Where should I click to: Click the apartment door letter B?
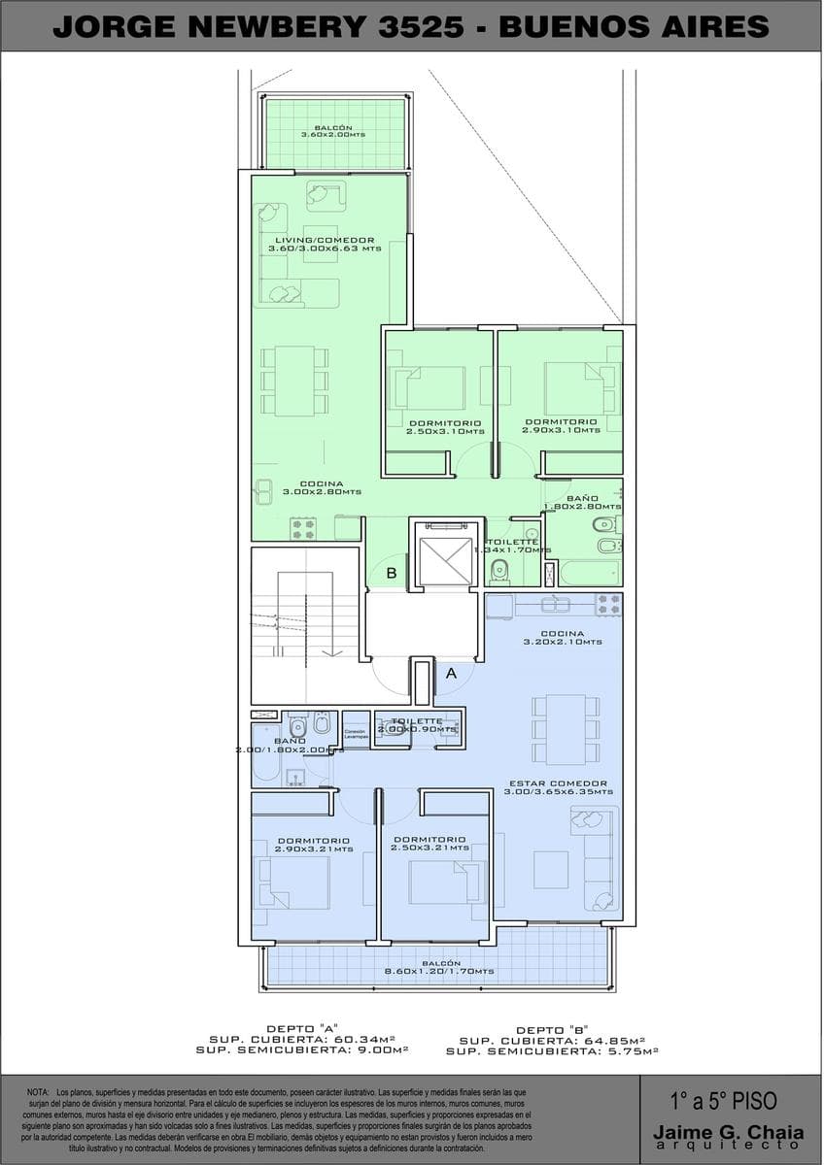pos(392,573)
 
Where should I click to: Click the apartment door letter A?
pos(451,672)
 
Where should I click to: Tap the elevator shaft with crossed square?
pos(445,560)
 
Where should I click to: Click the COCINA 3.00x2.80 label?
pos(322,487)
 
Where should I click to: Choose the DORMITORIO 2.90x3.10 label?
pos(561,425)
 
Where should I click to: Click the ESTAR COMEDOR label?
pos(558,787)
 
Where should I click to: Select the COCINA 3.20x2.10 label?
pos(563,637)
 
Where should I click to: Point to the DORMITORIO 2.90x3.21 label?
pos(313,844)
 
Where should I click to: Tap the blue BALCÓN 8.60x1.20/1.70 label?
pos(438,967)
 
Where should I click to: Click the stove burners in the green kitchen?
pos(303,528)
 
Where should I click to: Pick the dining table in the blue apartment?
pos(565,729)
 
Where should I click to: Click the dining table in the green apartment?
pos(294,381)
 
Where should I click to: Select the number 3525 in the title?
pos(422,26)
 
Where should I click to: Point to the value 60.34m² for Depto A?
pos(376,1040)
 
